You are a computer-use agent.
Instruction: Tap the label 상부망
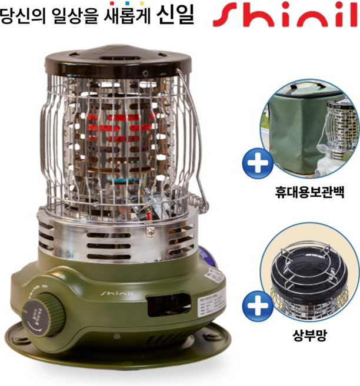point(308,337)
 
